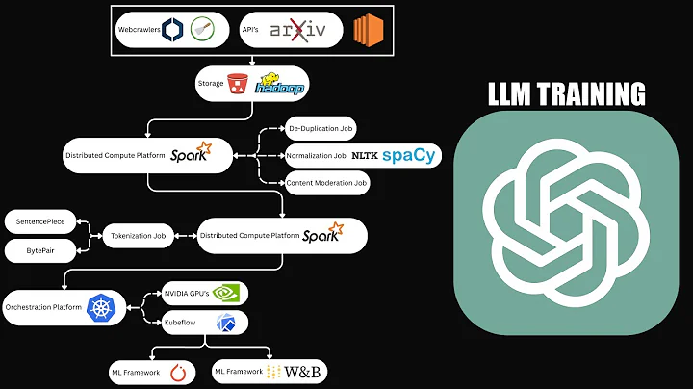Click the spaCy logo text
coord(408,155)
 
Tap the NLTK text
coord(364,155)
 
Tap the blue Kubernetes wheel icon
coord(100,307)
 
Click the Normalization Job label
coord(314,155)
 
